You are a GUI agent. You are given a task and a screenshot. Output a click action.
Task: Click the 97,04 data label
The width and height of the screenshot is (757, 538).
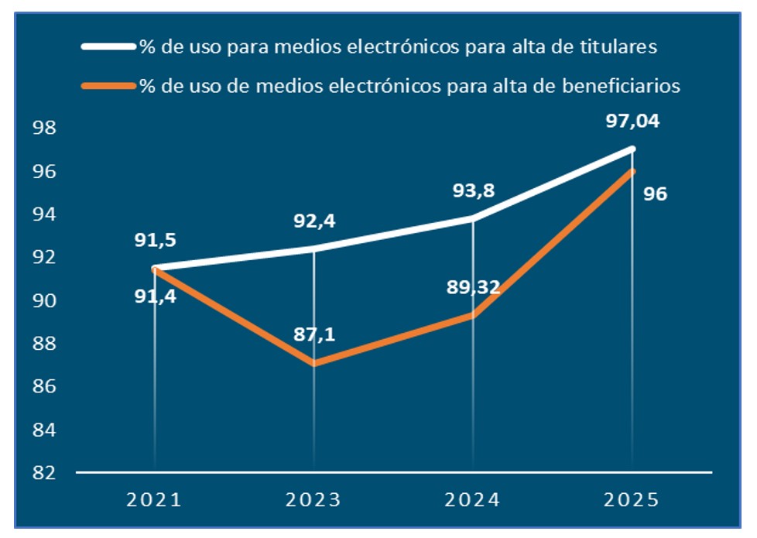click(x=632, y=121)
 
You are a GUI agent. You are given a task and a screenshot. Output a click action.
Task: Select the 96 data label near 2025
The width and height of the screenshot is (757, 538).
click(x=654, y=194)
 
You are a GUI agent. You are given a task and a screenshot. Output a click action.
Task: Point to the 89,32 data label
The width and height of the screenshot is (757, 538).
click(x=473, y=288)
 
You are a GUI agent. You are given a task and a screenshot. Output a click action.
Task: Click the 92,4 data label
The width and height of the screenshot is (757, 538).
click(x=313, y=221)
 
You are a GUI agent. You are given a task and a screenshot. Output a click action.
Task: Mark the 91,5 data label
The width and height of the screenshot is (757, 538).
click(x=155, y=240)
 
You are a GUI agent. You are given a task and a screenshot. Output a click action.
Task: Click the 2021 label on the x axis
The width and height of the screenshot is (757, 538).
click(x=155, y=499)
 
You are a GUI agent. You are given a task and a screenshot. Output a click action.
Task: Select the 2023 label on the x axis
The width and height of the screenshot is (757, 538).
click(x=313, y=499)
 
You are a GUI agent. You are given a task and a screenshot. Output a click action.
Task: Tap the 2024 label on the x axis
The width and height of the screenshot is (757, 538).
click(x=473, y=499)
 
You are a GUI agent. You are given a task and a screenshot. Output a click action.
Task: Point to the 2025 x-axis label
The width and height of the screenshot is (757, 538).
click(x=632, y=499)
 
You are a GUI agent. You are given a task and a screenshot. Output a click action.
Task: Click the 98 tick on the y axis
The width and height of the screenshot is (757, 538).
click(x=45, y=128)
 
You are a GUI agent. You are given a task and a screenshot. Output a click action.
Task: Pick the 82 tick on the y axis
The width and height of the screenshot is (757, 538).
click(x=45, y=472)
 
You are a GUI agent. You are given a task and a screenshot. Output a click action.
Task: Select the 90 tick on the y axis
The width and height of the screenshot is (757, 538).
click(x=45, y=300)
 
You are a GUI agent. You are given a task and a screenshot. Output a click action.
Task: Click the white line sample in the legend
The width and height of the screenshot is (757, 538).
click(x=108, y=47)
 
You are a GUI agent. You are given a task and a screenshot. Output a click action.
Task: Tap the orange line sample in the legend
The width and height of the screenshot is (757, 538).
click(x=108, y=86)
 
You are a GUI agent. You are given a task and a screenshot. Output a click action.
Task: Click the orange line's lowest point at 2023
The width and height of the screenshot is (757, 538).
click(x=314, y=363)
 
